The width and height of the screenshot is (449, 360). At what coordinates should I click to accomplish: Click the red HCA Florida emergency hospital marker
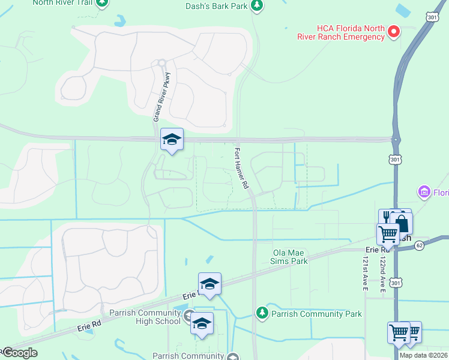394,30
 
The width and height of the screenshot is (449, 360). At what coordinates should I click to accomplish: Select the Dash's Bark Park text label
216,6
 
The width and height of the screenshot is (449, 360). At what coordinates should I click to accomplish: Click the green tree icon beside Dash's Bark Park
257,5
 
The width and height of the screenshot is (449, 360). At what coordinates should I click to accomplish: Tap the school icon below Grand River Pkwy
172,140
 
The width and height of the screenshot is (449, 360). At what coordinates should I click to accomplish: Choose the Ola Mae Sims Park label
290,257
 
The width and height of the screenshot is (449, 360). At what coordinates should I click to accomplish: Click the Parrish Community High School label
145,317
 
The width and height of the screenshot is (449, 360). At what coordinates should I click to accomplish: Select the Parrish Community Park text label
316,314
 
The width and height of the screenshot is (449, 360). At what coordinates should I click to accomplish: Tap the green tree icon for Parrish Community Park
262,313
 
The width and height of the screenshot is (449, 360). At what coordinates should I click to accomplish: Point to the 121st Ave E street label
364,275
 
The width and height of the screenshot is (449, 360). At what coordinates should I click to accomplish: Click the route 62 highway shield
419,245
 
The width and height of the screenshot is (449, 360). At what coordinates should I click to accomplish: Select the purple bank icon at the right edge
424,192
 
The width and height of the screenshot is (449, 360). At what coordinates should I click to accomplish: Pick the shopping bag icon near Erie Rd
402,224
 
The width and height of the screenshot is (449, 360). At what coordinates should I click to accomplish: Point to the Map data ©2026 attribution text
424,355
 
